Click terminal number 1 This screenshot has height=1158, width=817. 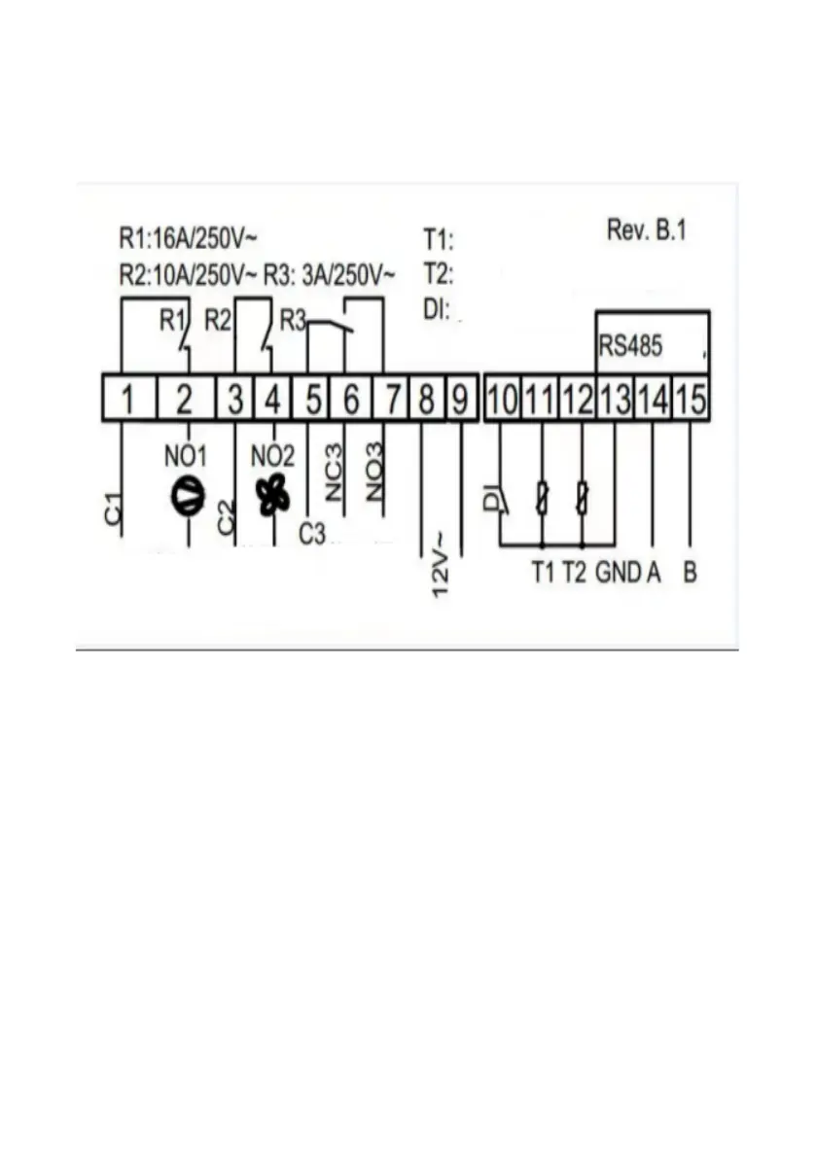pyautogui.click(x=125, y=399)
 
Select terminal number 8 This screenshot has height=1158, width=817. pyautogui.click(x=425, y=399)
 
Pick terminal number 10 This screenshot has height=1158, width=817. pyautogui.click(x=503, y=399)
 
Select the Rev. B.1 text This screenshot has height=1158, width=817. pyautogui.click(x=647, y=230)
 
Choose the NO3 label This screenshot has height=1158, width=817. pyautogui.click(x=375, y=473)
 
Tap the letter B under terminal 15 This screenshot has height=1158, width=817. pyautogui.click(x=690, y=573)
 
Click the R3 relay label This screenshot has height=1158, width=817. pyautogui.click(x=293, y=320)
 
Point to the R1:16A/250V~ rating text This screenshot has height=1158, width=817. pyautogui.click(x=188, y=238)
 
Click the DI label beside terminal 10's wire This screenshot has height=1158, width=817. pyautogui.click(x=492, y=500)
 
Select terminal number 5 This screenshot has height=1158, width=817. pyautogui.click(x=313, y=399)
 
